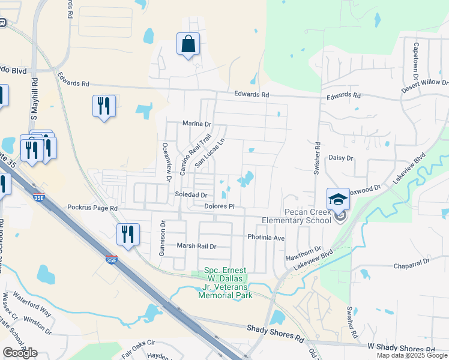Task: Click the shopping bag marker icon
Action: point(188,44)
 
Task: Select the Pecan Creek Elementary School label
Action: point(300,216)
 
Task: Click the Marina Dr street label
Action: point(197,124)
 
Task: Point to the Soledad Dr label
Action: point(191,195)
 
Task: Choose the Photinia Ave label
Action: point(266,238)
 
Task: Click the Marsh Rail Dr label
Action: point(196,246)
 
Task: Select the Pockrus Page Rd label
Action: point(92,207)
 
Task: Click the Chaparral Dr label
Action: point(412,262)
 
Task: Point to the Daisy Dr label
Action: point(341,158)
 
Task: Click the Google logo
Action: point(20,352)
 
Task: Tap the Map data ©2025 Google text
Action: point(412,355)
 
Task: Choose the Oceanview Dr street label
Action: point(169,161)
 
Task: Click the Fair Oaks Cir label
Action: point(138,347)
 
